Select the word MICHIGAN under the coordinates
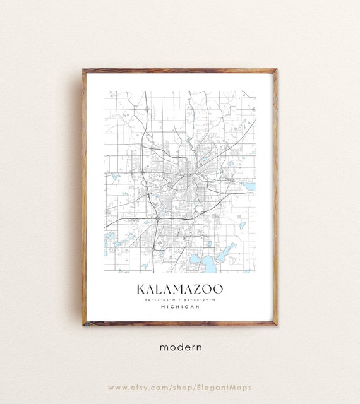[180, 307]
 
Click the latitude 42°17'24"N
[161, 299]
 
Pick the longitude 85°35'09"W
[200, 299]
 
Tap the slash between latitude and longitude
[181, 299]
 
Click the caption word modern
[180, 347]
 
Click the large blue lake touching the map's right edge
[249, 186]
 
